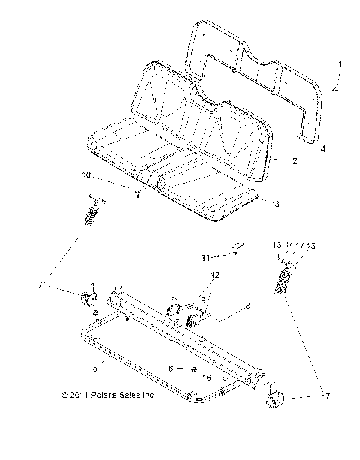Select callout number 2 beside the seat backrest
pos(295,160)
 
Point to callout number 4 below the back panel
pos(322,149)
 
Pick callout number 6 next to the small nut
pos(170,369)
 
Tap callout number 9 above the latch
pos(202,300)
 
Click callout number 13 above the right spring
pos(276,245)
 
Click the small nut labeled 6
pos(193,369)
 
